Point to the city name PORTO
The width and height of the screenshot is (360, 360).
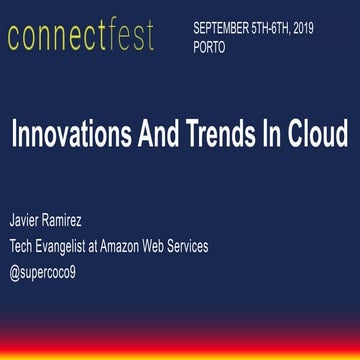pos(212,46)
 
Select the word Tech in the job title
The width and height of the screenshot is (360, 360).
pos(23,247)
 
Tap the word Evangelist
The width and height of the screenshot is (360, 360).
pos(73,247)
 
